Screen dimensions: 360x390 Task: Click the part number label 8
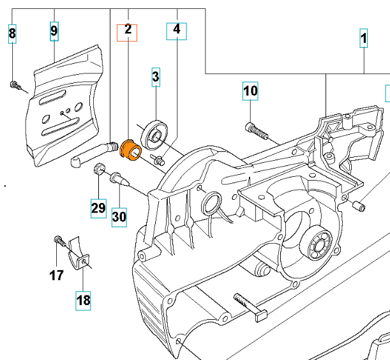click(x=12, y=33)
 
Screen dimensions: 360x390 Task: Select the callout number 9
click(x=54, y=30)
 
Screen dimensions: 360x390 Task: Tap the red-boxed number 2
click(x=128, y=30)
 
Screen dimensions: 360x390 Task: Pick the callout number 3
click(x=156, y=77)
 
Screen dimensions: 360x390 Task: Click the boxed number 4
click(x=176, y=29)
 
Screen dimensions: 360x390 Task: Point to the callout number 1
click(x=364, y=40)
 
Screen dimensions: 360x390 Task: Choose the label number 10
click(x=250, y=92)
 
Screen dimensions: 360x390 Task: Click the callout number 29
click(x=98, y=208)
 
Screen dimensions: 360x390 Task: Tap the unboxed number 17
click(x=57, y=275)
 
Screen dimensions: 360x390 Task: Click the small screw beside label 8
click(x=14, y=84)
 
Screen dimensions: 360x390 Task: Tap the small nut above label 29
click(x=99, y=169)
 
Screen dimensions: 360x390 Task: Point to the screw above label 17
click(x=59, y=241)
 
